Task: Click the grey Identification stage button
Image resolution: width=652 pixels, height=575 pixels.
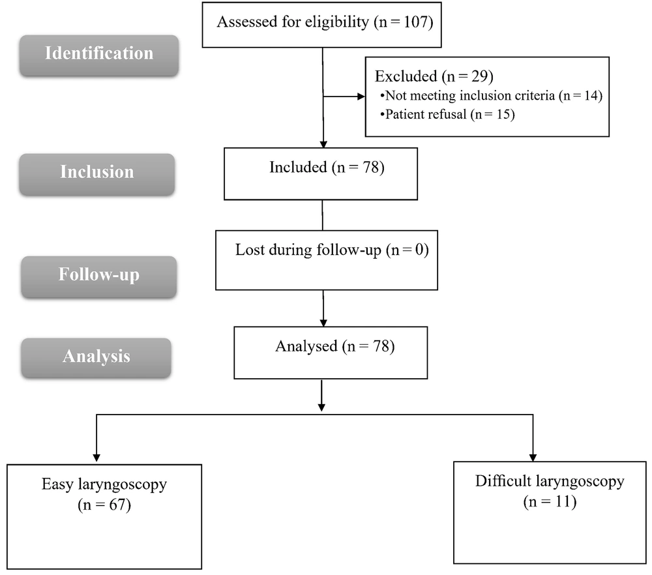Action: click(99, 55)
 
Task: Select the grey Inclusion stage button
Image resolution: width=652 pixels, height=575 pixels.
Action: click(97, 174)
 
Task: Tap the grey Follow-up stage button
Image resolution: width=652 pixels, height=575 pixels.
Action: click(99, 276)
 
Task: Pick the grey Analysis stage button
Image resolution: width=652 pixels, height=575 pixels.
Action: click(96, 358)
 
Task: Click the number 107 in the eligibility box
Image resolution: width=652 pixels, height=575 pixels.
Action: click(415, 22)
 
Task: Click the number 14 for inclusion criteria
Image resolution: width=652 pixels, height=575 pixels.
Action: click(591, 96)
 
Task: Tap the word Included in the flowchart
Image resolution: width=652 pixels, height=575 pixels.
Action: click(298, 167)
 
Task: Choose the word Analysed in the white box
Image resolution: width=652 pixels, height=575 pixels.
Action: click(306, 346)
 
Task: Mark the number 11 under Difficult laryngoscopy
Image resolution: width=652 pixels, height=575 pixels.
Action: click(563, 501)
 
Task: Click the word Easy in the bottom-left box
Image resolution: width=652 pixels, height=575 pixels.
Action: click(57, 484)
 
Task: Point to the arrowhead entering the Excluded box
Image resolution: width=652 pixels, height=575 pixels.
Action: click(361, 96)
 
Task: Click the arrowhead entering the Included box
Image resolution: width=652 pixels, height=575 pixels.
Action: click(323, 144)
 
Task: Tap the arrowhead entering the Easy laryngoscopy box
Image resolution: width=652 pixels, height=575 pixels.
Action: click(96, 458)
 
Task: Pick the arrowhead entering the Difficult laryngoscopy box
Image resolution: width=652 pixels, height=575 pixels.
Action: click(533, 458)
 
